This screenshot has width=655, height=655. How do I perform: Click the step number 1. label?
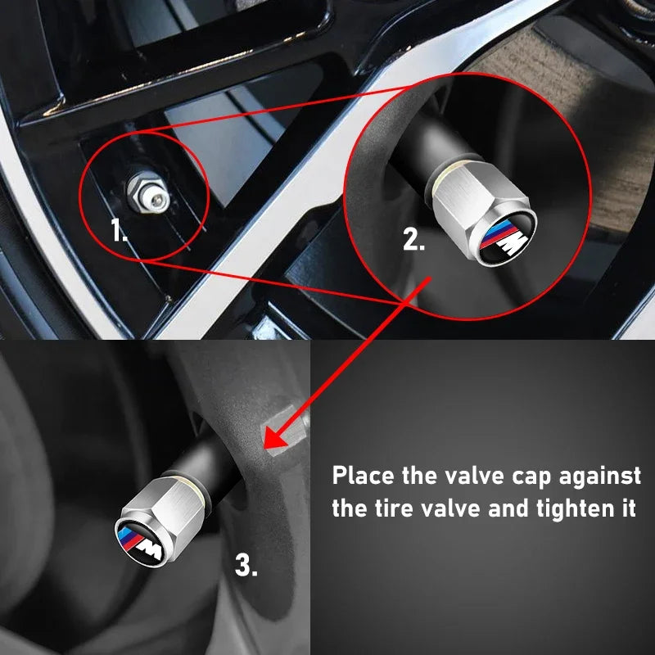(120, 230)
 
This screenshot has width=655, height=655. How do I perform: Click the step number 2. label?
(413, 239)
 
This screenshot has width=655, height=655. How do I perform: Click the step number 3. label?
(246, 564)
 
